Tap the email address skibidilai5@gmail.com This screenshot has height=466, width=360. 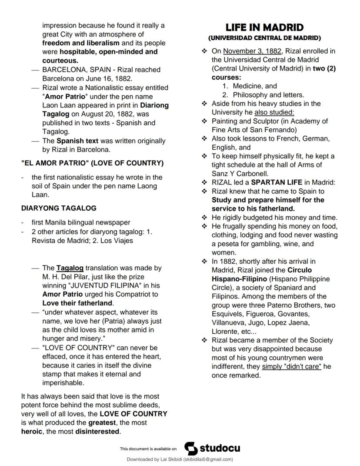(x=208, y=459)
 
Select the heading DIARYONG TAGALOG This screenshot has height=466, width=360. (x=59, y=208)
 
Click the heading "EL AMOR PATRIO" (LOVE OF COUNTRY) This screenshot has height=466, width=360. (x=92, y=163)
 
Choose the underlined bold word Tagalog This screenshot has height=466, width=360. (x=70, y=268)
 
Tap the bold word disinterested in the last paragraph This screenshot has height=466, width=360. (x=97, y=432)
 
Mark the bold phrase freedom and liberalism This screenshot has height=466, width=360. (x=80, y=43)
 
